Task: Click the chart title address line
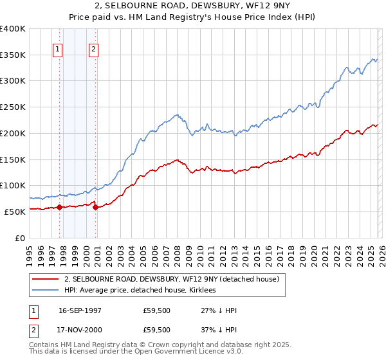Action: [193, 6]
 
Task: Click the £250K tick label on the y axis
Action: [13, 107]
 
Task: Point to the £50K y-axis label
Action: [15, 212]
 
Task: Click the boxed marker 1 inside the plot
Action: [58, 49]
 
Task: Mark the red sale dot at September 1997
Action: [59, 207]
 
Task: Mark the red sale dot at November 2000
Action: [95, 207]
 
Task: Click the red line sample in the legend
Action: [46, 279]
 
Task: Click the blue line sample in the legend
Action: [46, 291]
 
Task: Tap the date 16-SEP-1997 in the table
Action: [80, 310]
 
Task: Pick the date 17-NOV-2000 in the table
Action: [80, 329]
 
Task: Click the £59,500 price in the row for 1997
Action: [157, 310]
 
